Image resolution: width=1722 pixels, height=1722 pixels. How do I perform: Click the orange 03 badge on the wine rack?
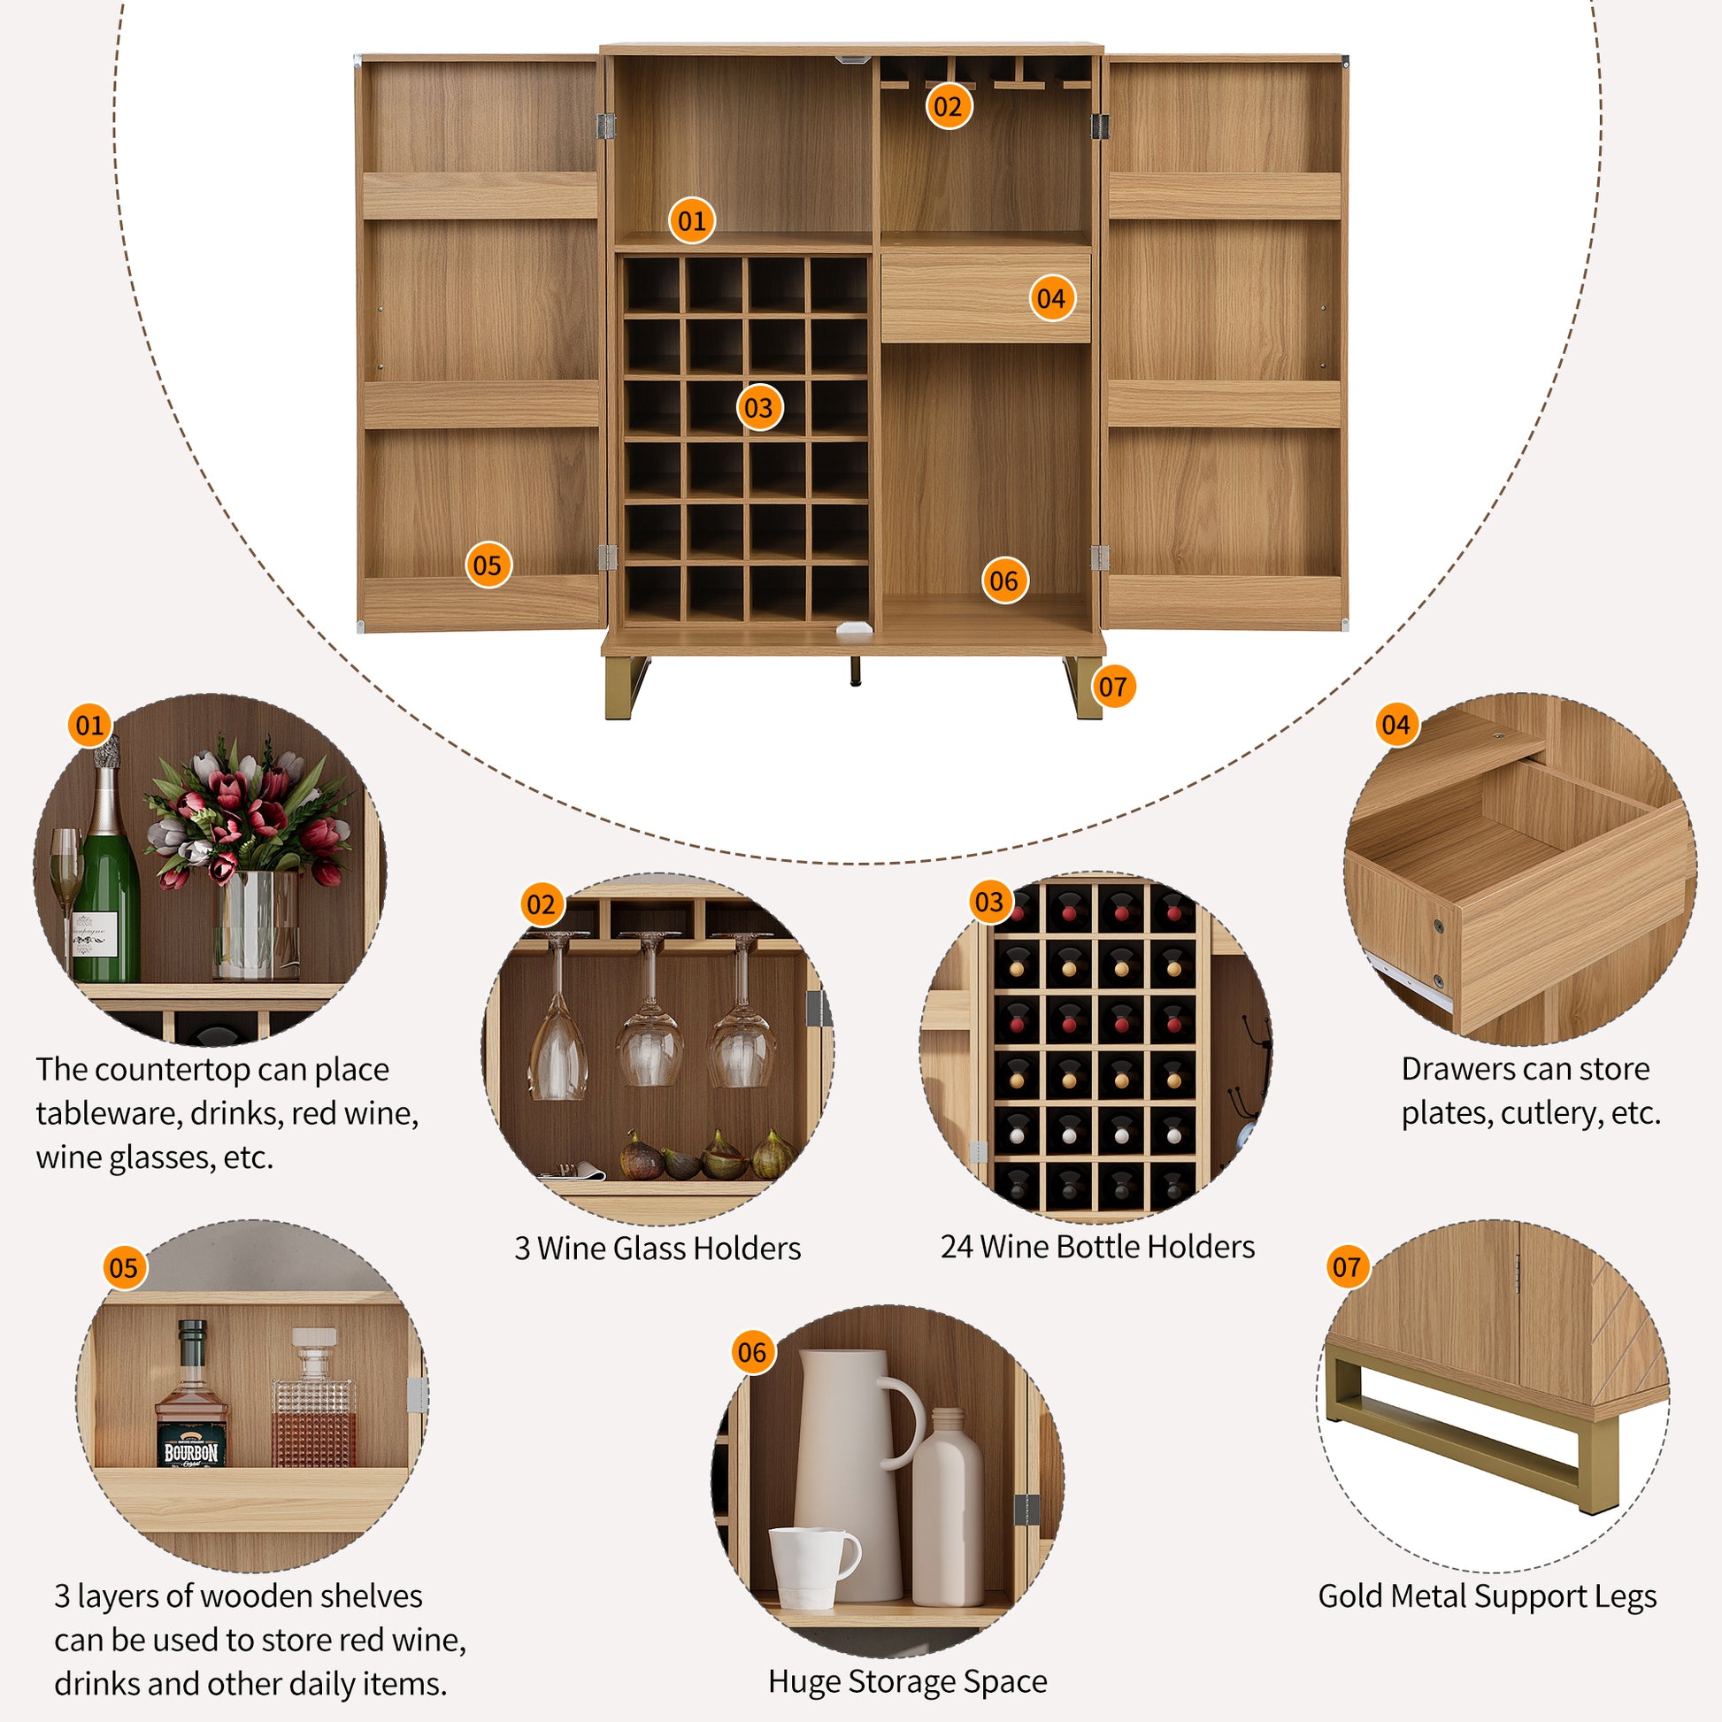[x=758, y=407]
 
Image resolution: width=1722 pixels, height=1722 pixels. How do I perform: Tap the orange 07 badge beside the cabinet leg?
[x=1112, y=687]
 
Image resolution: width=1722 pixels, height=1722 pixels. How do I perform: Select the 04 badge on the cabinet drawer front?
[x=1051, y=297]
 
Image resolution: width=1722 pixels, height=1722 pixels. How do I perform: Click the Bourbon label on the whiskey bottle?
[x=191, y=1452]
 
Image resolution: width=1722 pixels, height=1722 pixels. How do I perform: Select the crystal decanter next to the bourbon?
[x=314, y=1403]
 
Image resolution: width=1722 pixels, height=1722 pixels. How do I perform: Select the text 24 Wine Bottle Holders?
[x=1097, y=1247]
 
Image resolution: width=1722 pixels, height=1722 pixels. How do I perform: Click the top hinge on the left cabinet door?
[x=606, y=126]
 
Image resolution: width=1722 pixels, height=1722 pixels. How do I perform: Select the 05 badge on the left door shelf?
[x=488, y=565]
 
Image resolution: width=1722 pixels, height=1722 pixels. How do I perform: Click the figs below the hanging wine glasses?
[x=704, y=1157]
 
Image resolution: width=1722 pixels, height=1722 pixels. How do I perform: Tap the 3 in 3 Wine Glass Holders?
[x=521, y=1249]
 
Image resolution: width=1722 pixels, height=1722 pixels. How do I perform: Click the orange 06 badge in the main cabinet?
[x=1003, y=580]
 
